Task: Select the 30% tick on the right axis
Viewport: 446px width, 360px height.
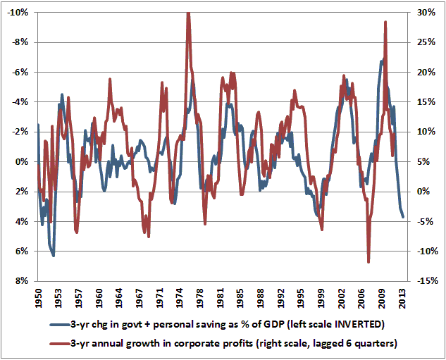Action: click(x=425, y=12)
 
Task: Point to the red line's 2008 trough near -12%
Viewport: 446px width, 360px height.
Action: click(x=368, y=261)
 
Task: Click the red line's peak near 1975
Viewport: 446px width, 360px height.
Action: click(x=188, y=13)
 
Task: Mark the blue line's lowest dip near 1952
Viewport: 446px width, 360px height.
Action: click(x=54, y=255)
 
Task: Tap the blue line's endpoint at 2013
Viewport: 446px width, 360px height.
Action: click(x=403, y=217)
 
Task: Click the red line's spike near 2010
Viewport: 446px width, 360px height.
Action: click(x=385, y=22)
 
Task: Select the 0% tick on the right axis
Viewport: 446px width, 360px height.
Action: click(x=427, y=192)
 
